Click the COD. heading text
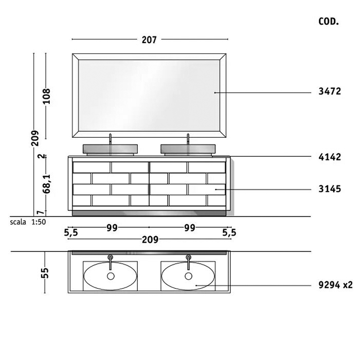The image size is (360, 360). (329, 22)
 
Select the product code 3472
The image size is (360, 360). (330, 92)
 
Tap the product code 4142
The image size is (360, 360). (330, 157)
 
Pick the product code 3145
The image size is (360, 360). (330, 189)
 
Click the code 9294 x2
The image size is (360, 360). (335, 285)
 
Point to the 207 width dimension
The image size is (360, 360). (149, 40)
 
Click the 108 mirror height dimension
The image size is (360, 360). (47, 96)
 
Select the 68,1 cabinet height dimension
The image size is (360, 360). (47, 184)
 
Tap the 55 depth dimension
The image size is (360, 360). (45, 273)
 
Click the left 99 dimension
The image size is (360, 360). (112, 228)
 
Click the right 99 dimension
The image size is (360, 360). (190, 228)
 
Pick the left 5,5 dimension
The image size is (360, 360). (71, 233)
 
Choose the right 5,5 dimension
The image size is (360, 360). (229, 233)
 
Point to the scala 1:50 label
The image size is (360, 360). (28, 222)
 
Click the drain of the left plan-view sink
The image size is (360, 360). (111, 276)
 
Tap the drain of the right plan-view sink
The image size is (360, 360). (189, 276)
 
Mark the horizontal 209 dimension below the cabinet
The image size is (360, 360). (150, 240)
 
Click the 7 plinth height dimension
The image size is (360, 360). (41, 212)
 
